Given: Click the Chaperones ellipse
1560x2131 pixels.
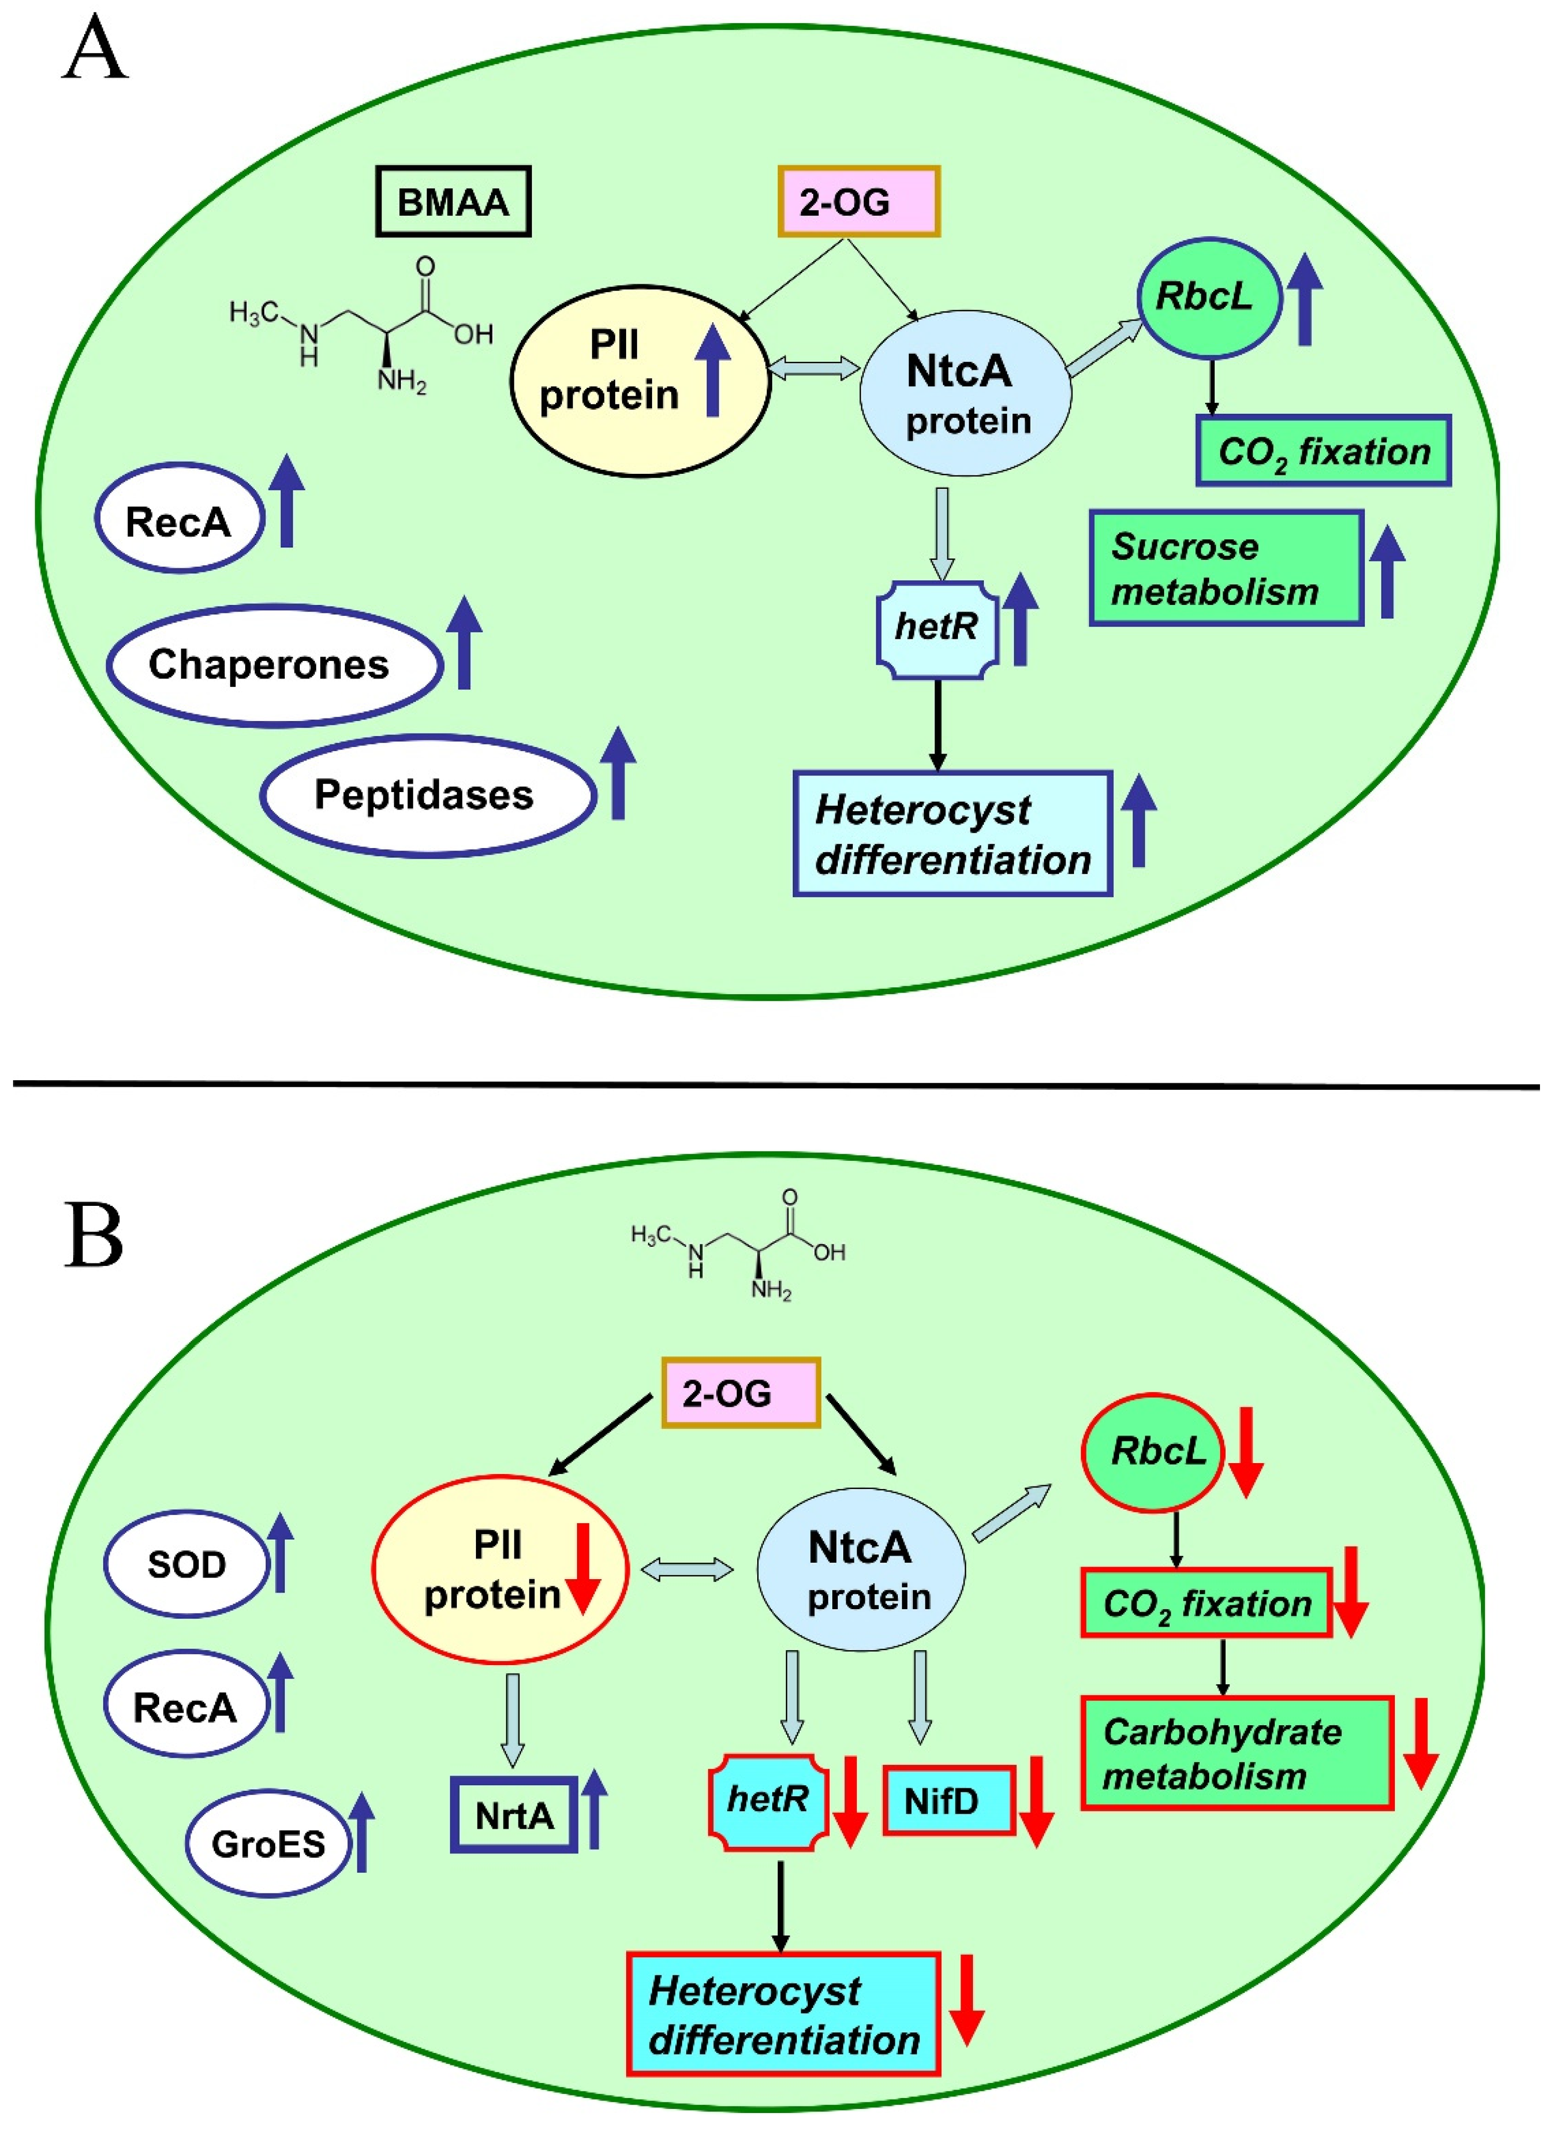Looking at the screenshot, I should [274, 664].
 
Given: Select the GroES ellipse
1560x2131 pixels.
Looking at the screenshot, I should [268, 1843].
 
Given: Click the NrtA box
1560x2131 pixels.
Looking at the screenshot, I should [513, 1815].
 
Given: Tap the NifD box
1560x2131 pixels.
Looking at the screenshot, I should [948, 1801].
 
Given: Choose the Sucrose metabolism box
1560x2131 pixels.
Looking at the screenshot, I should [1226, 568].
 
